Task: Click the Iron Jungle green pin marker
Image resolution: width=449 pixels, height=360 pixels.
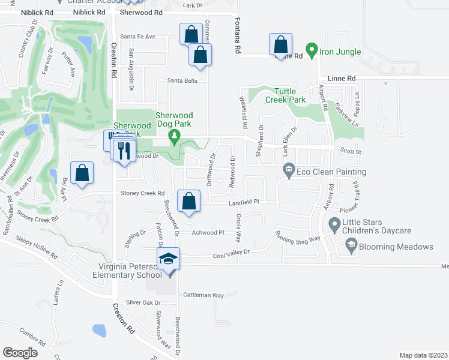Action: (x=312, y=51)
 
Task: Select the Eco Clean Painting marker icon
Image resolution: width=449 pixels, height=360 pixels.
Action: (x=289, y=172)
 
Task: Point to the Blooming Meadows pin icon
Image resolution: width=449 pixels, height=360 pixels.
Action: (x=351, y=246)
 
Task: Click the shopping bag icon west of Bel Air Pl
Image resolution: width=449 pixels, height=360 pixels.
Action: (x=82, y=173)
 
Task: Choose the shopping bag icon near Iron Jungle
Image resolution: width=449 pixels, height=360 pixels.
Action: (x=280, y=44)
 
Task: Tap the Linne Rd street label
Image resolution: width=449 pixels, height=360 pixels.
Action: (x=342, y=79)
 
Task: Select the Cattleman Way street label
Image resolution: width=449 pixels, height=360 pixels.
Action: (x=203, y=295)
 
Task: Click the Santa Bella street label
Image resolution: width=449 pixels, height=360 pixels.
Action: (x=182, y=80)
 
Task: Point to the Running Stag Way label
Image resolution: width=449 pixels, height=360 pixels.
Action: (x=297, y=238)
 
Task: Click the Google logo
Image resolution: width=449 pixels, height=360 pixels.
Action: (x=20, y=352)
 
